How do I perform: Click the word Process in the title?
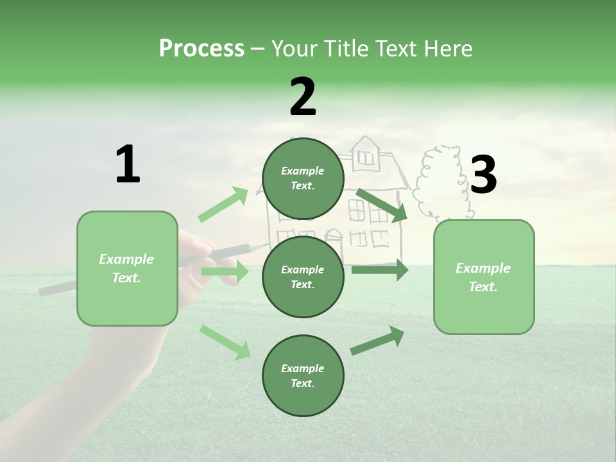pos(201,49)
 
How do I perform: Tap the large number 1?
pos(128,165)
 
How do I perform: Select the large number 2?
pos(303,97)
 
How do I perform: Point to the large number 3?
pos(483,175)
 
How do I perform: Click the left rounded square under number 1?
pos(127,268)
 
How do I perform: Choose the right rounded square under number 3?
pos(484,277)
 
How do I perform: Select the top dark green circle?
pos(303,178)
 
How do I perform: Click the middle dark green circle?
pos(303,277)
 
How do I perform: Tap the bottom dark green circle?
pos(303,375)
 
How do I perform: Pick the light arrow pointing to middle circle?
pos(225,271)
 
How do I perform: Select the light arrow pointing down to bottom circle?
pos(225,341)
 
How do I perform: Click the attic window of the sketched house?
pos(366,157)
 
